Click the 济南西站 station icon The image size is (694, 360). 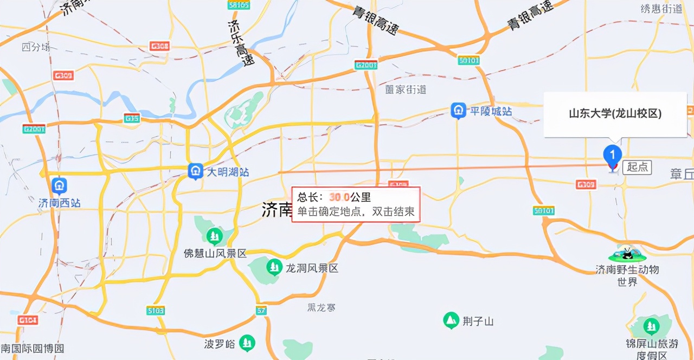pyautogui.click(x=59, y=186)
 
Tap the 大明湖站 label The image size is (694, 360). pyautogui.click(x=228, y=172)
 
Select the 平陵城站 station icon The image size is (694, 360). pyautogui.click(x=459, y=111)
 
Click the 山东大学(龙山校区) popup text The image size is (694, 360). pyautogui.click(x=615, y=113)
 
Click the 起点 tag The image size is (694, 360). pyautogui.click(x=637, y=167)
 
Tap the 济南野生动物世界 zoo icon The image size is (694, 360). pyautogui.click(x=627, y=254)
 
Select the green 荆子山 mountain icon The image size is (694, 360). pyautogui.click(x=451, y=320)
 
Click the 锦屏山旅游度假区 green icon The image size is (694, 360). pyautogui.click(x=651, y=326)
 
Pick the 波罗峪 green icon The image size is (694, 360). pyautogui.click(x=247, y=343)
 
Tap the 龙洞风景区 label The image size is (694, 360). pyautogui.click(x=312, y=268)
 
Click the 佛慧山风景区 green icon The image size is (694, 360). pyautogui.click(x=215, y=236)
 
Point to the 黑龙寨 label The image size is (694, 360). pyautogui.click(x=322, y=307)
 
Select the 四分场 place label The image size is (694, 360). pyautogui.click(x=36, y=47)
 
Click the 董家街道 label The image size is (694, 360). pyautogui.click(x=406, y=89)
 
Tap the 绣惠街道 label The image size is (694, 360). pyautogui.click(x=661, y=9)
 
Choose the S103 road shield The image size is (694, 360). pyautogui.click(x=156, y=311)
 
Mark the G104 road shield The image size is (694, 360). pyautogui.click(x=28, y=320)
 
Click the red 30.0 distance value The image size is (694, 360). pyautogui.click(x=339, y=197)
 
